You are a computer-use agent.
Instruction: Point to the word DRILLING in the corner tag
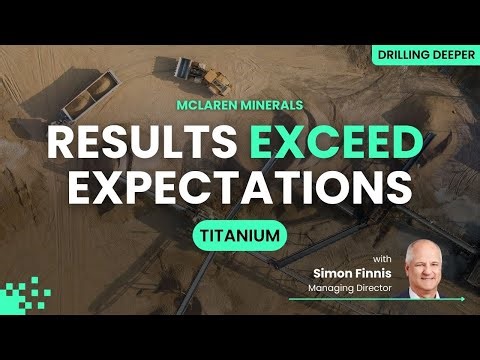pyautogui.click(x=403, y=56)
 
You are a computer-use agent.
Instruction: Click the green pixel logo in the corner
pyautogui.click(x=26, y=294)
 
